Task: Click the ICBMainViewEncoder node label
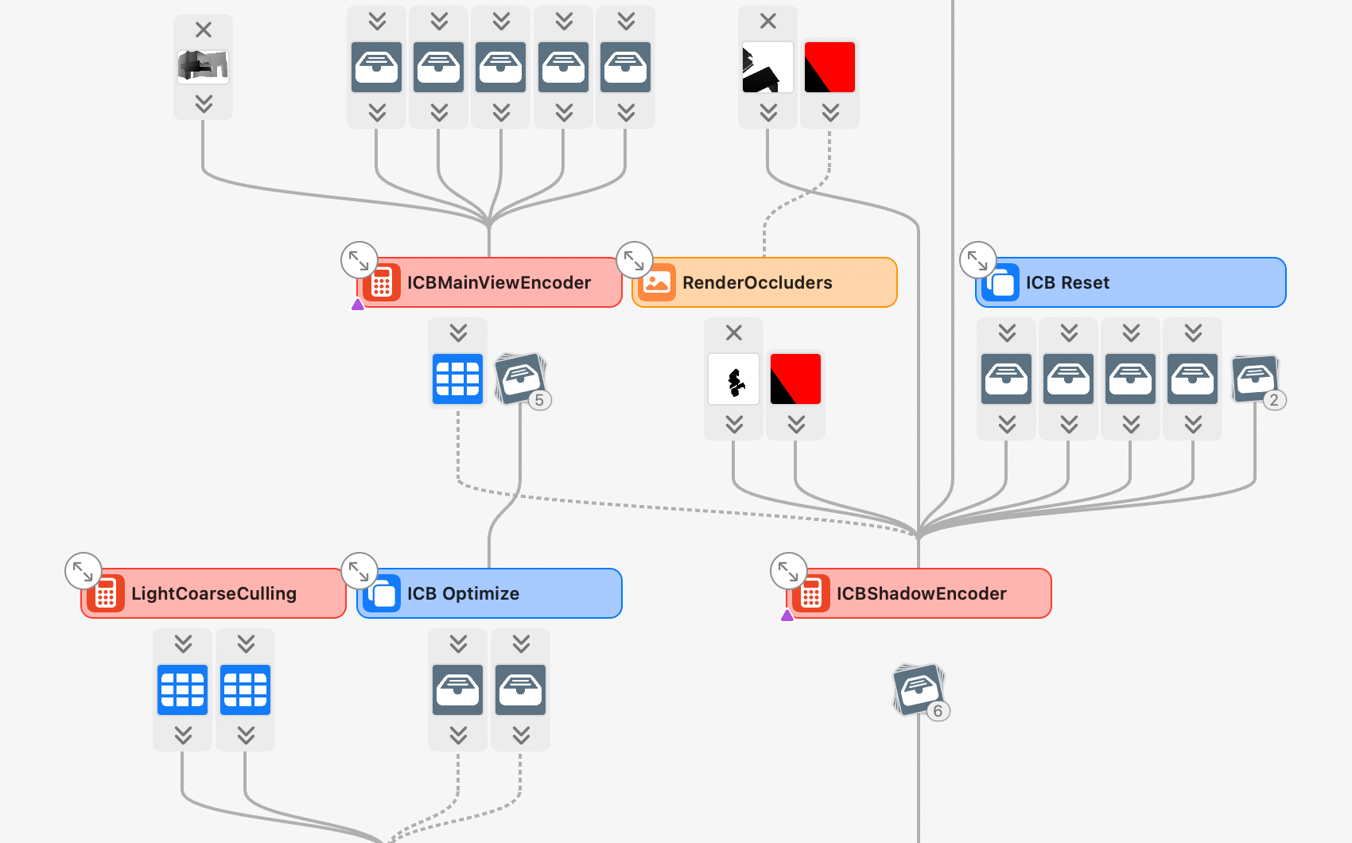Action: point(499,282)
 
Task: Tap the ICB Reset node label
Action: point(1067,282)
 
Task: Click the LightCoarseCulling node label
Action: point(213,593)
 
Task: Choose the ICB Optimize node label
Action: point(463,593)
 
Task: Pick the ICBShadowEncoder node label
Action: point(921,593)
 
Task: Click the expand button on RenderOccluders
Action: point(634,260)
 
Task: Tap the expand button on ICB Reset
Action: point(977,260)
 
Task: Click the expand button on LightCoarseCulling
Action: point(83,571)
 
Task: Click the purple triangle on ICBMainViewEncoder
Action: point(358,304)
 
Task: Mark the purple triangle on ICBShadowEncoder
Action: point(787,615)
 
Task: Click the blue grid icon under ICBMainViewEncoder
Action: point(458,379)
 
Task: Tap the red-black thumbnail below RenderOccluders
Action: point(795,379)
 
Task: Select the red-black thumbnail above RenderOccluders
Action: point(829,68)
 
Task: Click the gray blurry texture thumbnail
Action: point(203,67)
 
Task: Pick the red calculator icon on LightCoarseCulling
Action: point(106,593)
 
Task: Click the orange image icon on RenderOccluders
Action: point(657,282)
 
